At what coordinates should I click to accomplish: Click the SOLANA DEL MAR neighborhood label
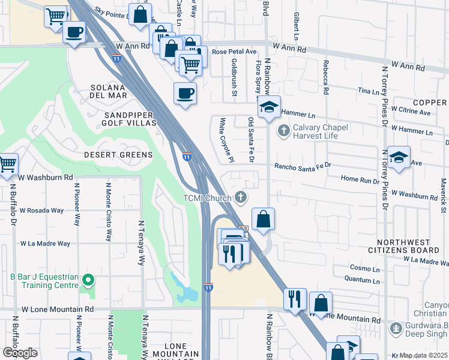coord(109,91)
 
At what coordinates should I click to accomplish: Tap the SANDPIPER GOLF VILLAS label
coord(130,118)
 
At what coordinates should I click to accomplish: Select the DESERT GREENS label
coord(118,155)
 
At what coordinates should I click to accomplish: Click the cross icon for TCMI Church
coord(240,197)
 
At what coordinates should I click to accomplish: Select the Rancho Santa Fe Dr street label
coord(303,166)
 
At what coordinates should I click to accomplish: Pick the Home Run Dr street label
coord(360,179)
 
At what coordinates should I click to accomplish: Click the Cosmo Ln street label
coord(363,268)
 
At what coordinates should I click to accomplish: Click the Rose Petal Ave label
coord(234,52)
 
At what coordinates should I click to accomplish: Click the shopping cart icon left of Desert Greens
coord(7,163)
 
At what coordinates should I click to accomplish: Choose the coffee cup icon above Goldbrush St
coord(185,93)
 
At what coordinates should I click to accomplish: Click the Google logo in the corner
coord(20,353)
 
